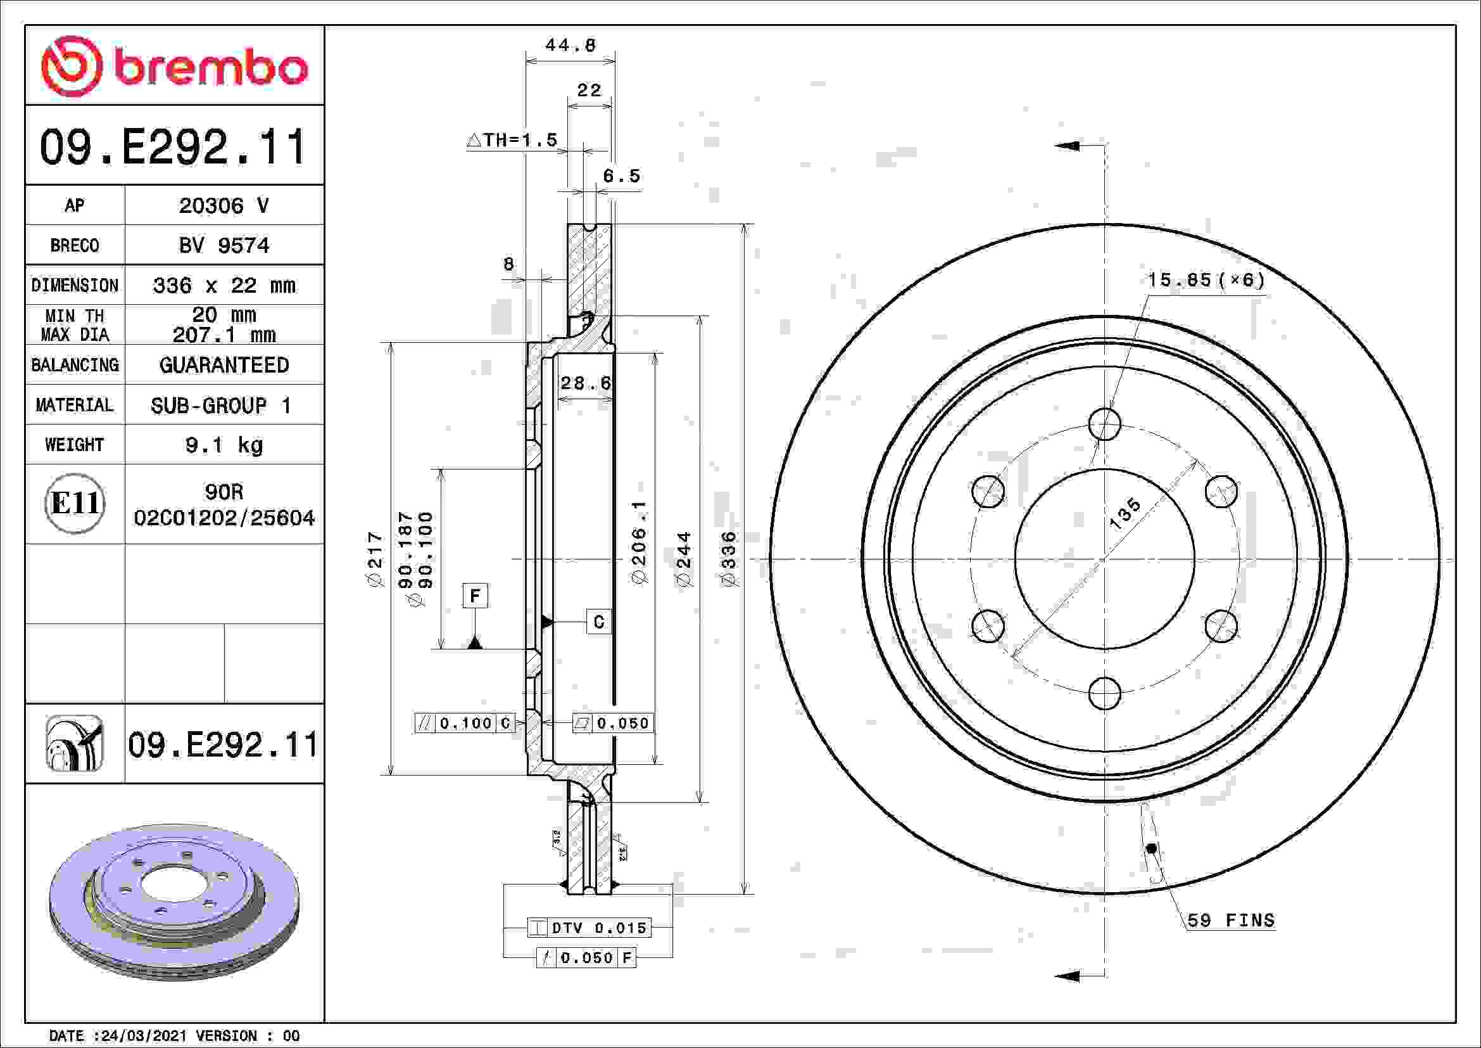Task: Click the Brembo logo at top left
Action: (x=174, y=67)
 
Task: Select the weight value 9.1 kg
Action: (x=224, y=445)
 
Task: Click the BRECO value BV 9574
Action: (x=224, y=245)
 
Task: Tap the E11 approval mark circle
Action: (x=75, y=503)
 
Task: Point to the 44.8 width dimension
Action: (x=571, y=45)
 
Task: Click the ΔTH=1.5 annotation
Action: (x=512, y=140)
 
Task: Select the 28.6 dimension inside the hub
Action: (x=586, y=383)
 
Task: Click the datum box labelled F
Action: (x=476, y=596)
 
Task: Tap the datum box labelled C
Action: (x=598, y=622)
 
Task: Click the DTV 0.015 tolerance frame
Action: (x=589, y=928)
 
